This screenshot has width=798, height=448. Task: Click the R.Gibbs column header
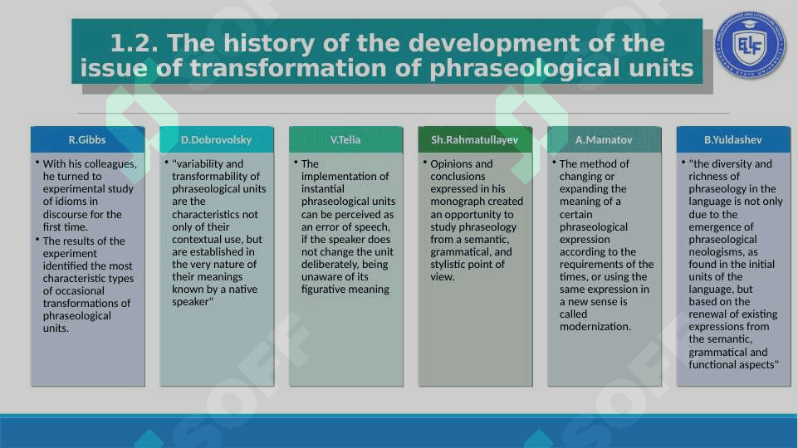pos(87,140)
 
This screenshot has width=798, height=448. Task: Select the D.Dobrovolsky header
pos(216,140)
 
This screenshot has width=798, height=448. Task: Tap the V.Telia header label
pos(345,140)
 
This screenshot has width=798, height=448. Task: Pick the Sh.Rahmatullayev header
pos(475,140)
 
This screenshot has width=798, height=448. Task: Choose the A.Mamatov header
pos(604,140)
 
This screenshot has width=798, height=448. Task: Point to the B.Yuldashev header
pos(733,140)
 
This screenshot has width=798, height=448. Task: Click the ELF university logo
pos(750,45)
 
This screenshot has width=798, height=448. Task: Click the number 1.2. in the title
pos(135,43)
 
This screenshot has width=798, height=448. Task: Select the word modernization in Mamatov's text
pos(595,327)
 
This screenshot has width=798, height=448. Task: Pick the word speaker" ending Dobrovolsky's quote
pos(193,302)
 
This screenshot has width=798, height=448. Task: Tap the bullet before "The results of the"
pos(37,239)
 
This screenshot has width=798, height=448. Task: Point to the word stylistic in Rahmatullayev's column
pos(450,265)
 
